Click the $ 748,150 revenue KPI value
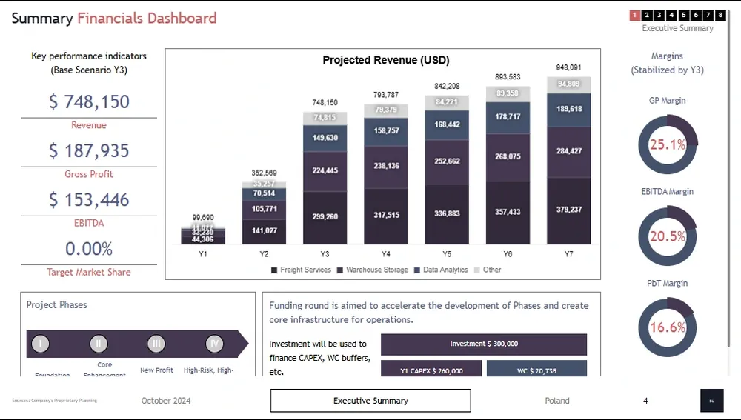point(89,101)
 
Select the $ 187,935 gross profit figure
point(89,150)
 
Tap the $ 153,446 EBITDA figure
point(89,199)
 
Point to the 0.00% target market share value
point(89,248)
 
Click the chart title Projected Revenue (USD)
point(385,60)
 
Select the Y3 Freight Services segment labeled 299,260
point(325,217)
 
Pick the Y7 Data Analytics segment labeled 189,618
point(568,108)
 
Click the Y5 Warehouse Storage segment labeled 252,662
point(447,161)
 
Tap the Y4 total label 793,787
point(386,95)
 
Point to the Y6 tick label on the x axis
point(508,254)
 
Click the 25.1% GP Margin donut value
point(668,145)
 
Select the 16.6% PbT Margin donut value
point(668,327)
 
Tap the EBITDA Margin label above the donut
point(668,192)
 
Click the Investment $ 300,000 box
point(484,344)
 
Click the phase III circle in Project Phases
point(156,344)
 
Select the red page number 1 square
point(635,15)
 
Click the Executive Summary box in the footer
point(370,401)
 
